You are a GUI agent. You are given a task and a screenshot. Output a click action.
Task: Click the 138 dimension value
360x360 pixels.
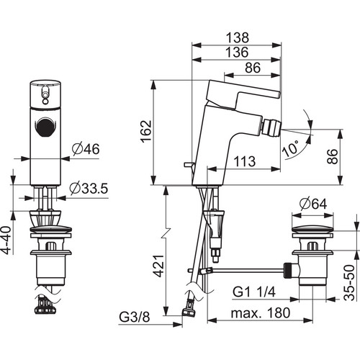click(x=238, y=37)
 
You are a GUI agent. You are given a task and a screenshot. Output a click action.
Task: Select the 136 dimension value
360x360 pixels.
click(x=237, y=52)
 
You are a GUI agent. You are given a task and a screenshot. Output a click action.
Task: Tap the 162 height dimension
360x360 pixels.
click(x=146, y=132)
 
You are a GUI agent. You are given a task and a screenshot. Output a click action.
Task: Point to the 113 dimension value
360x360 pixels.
click(x=245, y=161)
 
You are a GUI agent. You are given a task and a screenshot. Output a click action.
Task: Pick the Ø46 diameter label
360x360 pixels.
click(x=86, y=149)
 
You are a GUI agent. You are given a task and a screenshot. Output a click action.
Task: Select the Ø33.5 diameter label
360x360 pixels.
click(x=89, y=189)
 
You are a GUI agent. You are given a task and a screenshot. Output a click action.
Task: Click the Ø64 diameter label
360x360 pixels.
click(x=313, y=204)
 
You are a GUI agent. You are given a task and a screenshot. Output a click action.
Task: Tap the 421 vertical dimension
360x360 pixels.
click(x=159, y=266)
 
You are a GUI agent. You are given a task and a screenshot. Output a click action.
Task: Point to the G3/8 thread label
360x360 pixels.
click(x=135, y=317)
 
